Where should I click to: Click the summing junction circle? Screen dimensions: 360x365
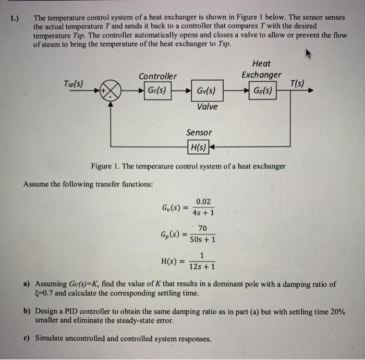coord(111,90)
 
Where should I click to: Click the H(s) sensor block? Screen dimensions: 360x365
coord(198,148)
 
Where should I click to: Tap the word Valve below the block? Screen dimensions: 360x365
coord(207,107)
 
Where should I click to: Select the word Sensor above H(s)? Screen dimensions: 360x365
coord(199,133)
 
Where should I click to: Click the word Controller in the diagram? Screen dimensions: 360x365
coord(157,77)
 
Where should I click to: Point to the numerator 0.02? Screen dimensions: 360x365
coord(203,202)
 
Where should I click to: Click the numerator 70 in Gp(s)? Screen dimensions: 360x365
coord(202,228)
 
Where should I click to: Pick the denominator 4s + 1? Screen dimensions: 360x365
coord(203,213)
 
